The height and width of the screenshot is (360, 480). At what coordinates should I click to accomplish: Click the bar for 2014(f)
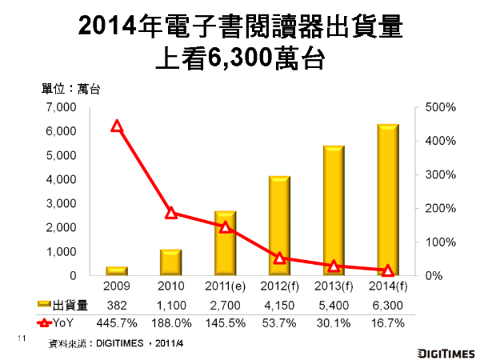point(388,200)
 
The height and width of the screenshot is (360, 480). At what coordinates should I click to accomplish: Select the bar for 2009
point(117,271)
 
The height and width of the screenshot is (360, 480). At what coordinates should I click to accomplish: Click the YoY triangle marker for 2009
point(117,126)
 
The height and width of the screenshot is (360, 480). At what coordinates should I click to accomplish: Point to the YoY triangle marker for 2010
point(170,213)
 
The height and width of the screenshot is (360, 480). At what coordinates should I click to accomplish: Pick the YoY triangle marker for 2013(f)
point(334,266)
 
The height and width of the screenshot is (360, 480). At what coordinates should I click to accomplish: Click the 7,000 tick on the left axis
point(61,107)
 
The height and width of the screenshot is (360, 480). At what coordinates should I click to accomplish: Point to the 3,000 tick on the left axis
point(61,203)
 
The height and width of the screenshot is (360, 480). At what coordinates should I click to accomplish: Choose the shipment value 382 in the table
point(117,306)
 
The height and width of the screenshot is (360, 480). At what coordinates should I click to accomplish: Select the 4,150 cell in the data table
point(279,306)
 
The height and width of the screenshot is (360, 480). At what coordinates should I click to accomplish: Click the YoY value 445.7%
point(117,323)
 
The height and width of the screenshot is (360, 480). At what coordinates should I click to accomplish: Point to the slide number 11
point(22,339)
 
